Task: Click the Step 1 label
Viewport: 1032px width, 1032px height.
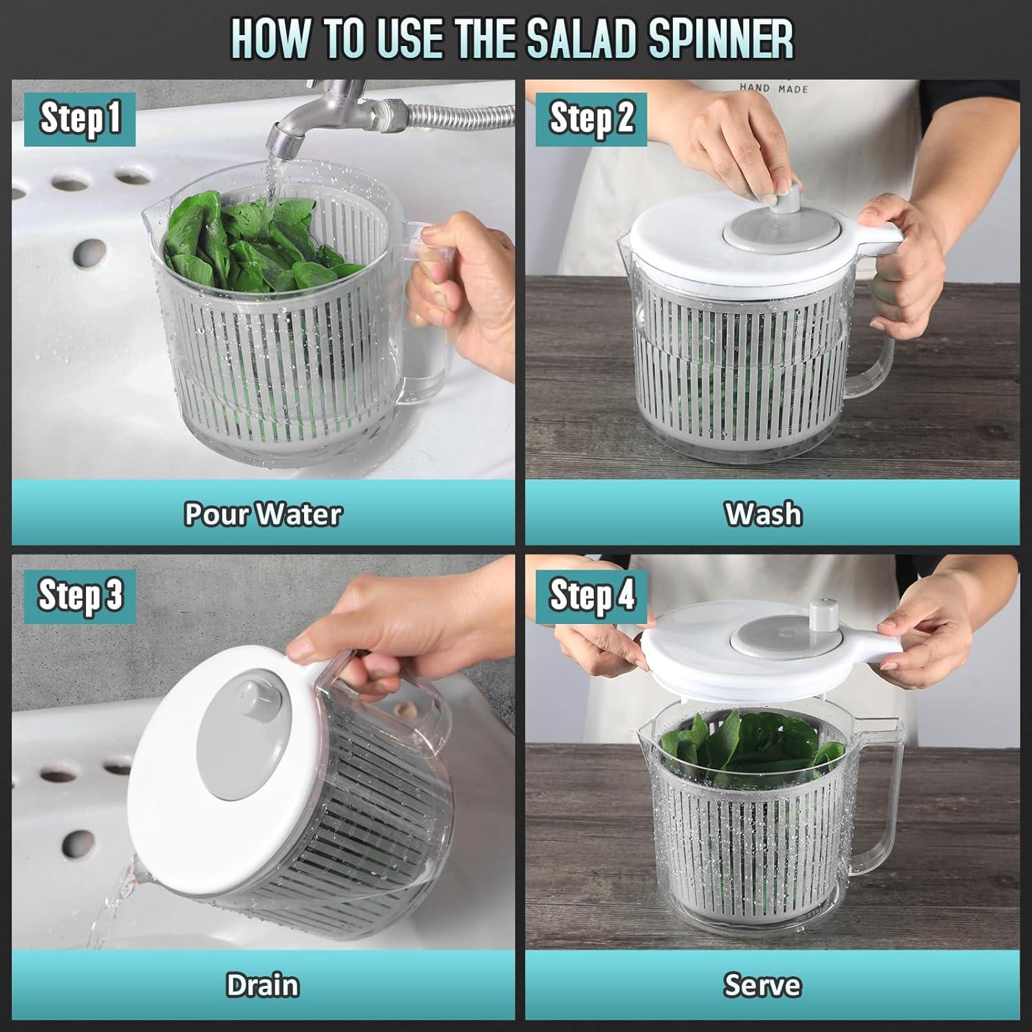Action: coord(80,118)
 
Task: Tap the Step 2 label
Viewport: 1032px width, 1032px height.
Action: coord(591,118)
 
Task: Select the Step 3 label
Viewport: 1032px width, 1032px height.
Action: coord(80,595)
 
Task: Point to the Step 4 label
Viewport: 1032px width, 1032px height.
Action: coord(591,595)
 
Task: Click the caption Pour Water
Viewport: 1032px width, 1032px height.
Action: coord(263,514)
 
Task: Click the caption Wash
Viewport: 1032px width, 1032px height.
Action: coord(763,514)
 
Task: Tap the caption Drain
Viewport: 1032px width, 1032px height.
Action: coord(263,985)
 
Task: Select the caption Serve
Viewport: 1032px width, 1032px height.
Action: coord(762,985)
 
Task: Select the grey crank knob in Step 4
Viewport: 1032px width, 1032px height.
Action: coord(819,616)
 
